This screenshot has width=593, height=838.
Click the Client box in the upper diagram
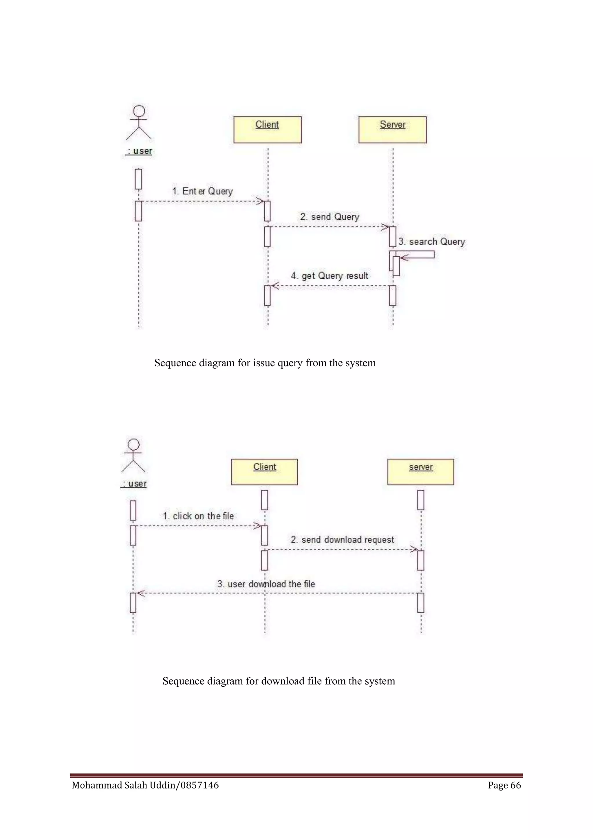click(267, 130)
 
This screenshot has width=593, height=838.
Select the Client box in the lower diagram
click(264, 472)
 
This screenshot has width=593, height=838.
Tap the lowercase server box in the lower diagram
click(420, 472)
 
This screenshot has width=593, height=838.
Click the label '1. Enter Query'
click(202, 191)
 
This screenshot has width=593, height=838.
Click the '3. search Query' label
click(432, 242)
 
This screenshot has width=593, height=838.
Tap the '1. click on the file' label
click(198, 516)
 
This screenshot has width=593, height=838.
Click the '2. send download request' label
click(342, 539)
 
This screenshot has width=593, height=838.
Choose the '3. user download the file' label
click(266, 584)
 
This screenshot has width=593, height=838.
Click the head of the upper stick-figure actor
click(139, 111)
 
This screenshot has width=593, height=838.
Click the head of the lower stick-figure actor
click(134, 444)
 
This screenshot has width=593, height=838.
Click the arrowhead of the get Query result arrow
click(274, 286)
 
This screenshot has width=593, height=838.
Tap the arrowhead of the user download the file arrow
click(140, 593)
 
